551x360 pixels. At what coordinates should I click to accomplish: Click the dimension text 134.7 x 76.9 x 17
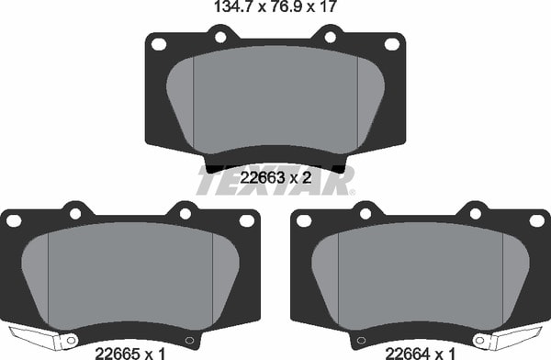[x=275, y=6]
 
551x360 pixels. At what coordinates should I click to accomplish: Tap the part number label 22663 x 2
[x=275, y=178]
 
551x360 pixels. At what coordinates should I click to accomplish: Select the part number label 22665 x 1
[x=130, y=353]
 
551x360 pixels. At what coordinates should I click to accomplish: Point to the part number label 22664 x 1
[x=421, y=353]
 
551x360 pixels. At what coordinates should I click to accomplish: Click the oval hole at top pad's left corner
[x=159, y=44]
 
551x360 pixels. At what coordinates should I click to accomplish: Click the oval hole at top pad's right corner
[x=392, y=44]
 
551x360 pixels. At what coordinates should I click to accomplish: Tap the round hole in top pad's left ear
[x=220, y=37]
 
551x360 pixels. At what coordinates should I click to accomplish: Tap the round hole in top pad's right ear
[x=331, y=37]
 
